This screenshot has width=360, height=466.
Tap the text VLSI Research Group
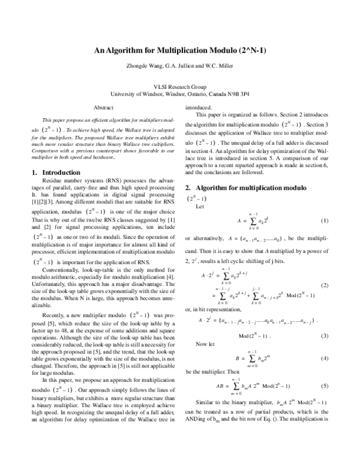(179, 87)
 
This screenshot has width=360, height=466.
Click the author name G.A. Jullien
(181, 67)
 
